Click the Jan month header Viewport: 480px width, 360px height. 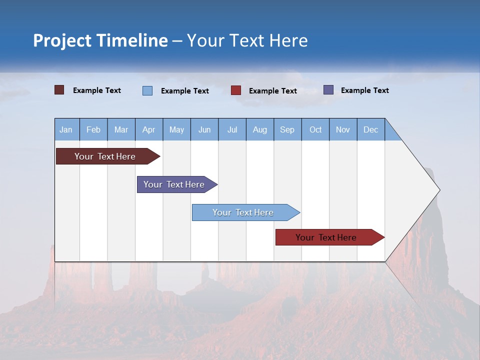point(66,129)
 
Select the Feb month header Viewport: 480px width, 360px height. point(93,129)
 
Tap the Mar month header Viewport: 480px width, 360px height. point(121,129)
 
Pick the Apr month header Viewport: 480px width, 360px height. point(149,129)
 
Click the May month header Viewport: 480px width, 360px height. point(176,129)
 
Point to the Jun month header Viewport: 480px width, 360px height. point(204,129)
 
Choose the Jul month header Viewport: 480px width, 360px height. point(232,129)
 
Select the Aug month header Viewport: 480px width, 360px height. point(260,129)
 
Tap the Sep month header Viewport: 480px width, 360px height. point(287,129)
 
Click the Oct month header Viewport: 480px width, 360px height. point(315,129)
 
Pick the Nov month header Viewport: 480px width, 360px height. point(343,129)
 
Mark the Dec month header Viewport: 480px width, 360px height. point(371,129)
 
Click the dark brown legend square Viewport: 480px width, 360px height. point(59,90)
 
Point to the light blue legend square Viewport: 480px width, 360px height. point(147,90)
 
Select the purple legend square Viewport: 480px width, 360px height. point(328,90)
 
